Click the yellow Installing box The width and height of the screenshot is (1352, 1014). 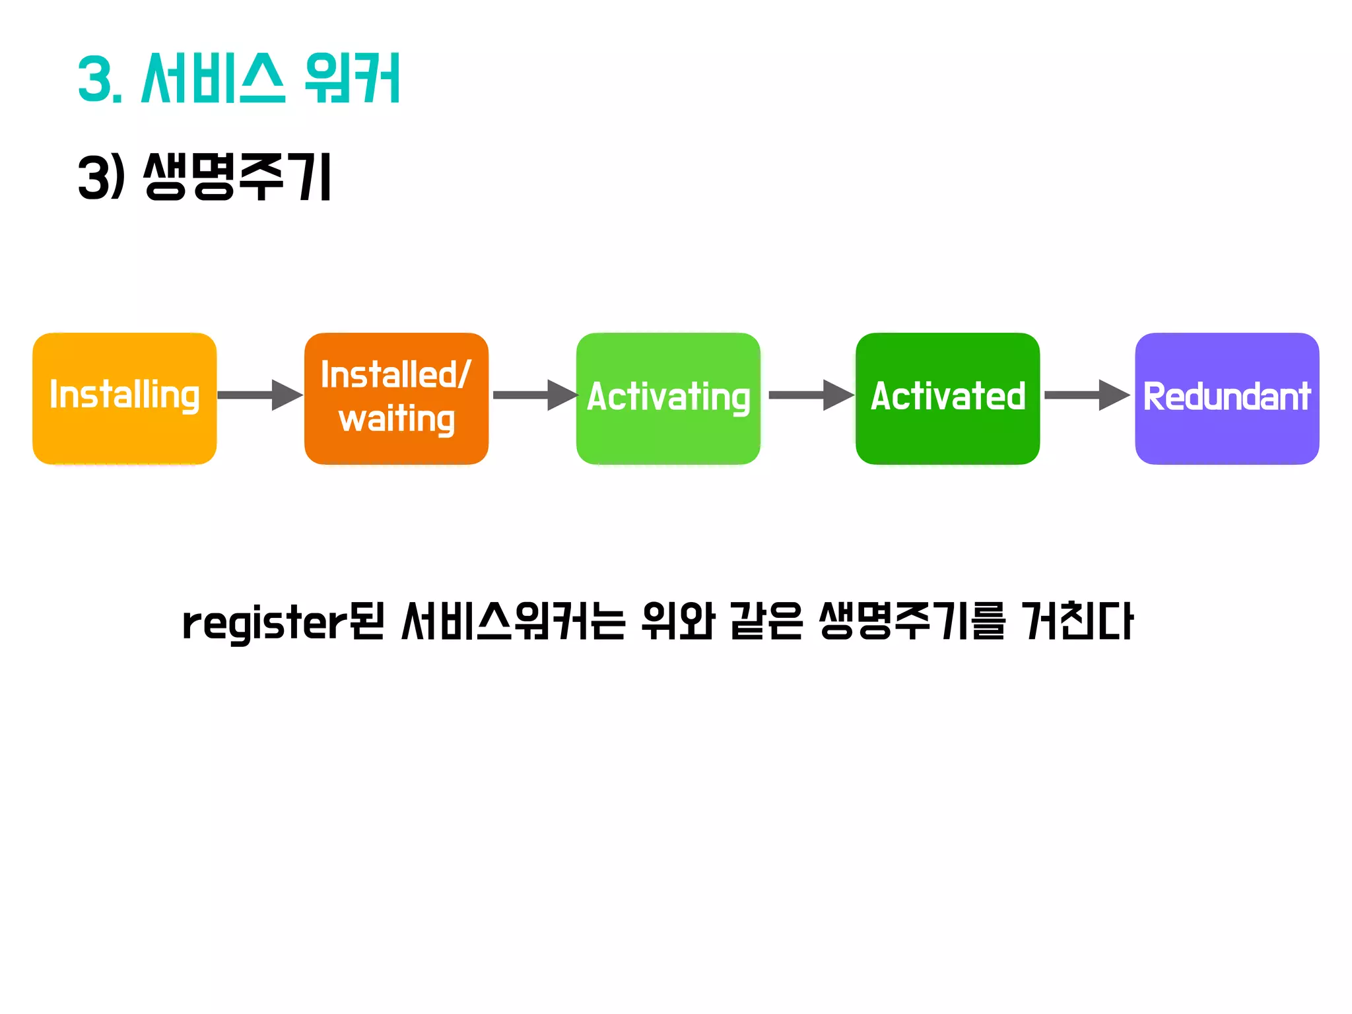(124, 398)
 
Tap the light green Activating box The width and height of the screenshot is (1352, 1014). (668, 398)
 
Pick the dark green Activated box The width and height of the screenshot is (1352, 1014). (947, 398)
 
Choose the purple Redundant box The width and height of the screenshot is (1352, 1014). (1227, 398)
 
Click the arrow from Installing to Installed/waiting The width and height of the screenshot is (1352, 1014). (260, 395)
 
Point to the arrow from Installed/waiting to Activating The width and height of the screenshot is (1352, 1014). (535, 395)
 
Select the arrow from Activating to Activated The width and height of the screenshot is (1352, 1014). (811, 395)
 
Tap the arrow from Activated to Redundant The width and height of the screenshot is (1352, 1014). (1087, 395)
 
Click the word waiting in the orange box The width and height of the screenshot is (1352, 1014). (397, 420)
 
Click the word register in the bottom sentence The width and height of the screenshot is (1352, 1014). (264, 623)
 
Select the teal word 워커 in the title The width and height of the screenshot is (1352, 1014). (353, 79)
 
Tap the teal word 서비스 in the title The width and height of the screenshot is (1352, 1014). (213, 79)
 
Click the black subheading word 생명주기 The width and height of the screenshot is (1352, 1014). (238, 176)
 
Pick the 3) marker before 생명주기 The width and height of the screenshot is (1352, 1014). (100, 176)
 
